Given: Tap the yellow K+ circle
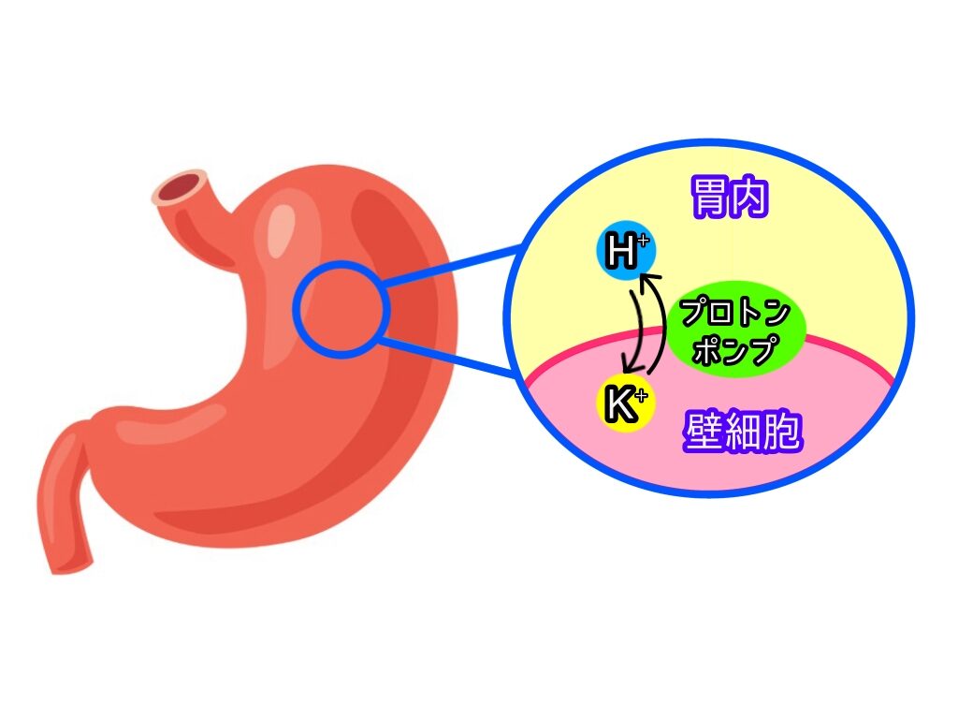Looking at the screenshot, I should [625, 404].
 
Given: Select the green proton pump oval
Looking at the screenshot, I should [735, 330].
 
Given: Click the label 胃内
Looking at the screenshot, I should [730, 199].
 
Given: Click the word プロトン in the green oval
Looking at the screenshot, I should [735, 313].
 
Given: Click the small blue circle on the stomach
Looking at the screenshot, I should [340, 309].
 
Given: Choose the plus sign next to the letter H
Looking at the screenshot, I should [641, 242].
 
